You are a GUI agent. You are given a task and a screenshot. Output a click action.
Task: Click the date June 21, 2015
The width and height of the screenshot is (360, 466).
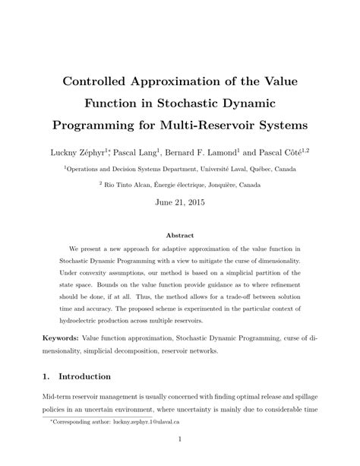pyautogui.click(x=180, y=204)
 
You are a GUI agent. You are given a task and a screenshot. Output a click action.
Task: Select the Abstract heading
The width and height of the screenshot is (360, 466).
pyautogui.click(x=180, y=236)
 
